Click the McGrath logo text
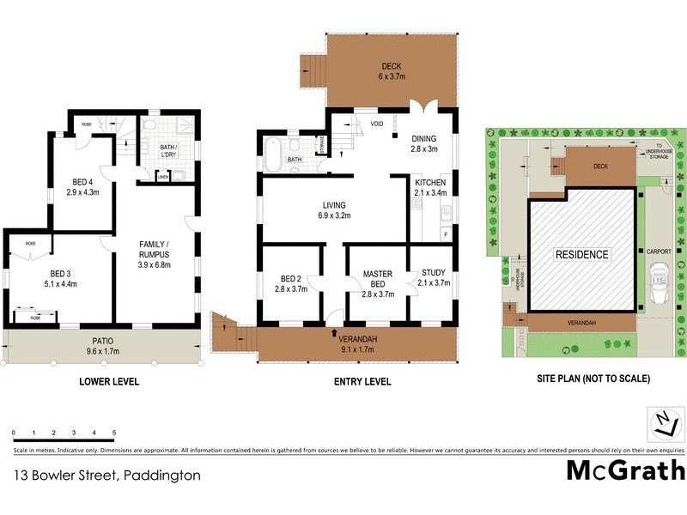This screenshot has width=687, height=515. pos(625,470)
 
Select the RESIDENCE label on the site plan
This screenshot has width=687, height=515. pos(581,255)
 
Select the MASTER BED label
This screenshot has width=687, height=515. pos(377,279)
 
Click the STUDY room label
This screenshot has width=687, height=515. pos(432,278)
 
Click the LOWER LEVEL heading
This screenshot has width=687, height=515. pos(109,382)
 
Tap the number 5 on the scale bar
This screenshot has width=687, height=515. pos(114,433)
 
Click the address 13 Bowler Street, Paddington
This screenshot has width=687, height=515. pos(106,475)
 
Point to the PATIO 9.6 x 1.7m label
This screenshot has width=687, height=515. pos(101,345)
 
